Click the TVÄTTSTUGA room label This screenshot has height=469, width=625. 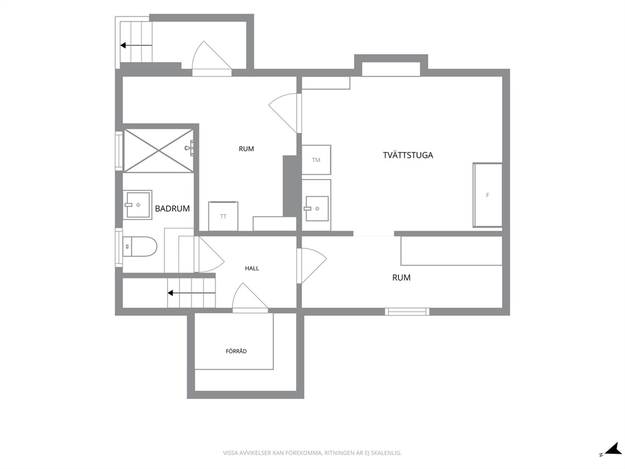[x=408, y=155]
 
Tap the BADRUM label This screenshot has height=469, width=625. [x=172, y=209]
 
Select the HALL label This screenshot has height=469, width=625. [x=252, y=269]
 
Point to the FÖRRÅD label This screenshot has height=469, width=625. [x=236, y=351]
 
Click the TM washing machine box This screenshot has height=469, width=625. [x=316, y=160]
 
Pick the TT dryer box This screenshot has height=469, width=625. [x=223, y=216]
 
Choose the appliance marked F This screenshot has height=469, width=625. [x=488, y=195]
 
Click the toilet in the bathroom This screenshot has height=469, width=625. [x=139, y=246]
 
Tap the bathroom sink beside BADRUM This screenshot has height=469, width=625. [x=137, y=205]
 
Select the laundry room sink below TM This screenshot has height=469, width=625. [x=317, y=209]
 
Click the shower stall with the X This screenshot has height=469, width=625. [x=159, y=150]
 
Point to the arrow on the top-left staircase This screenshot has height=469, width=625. [x=136, y=45]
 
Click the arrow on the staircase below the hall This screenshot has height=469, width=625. [x=192, y=293]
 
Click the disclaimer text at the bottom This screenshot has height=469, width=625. [x=312, y=453]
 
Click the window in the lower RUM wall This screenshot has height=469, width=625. [x=407, y=311]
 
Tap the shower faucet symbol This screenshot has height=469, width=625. [x=190, y=148]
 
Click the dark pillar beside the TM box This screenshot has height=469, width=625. [x=290, y=186]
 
